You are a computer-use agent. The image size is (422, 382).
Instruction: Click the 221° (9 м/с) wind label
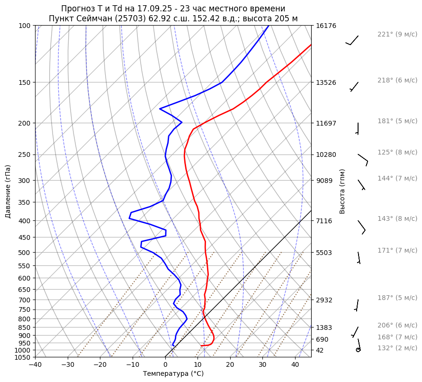397,35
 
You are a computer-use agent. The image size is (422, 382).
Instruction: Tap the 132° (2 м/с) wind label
397,348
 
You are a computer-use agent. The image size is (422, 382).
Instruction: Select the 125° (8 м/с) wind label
397,153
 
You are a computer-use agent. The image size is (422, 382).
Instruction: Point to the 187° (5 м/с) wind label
397,298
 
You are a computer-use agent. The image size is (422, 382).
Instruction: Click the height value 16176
326,26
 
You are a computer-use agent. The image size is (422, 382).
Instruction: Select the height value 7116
324,221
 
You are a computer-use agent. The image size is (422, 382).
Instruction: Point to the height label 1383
324,327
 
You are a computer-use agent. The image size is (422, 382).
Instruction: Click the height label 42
321,350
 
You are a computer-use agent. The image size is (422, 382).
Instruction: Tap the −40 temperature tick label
35,364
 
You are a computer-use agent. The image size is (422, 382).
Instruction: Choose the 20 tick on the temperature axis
230,364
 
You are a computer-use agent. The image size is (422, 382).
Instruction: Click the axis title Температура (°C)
173,374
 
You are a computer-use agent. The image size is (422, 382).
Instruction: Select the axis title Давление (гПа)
8,191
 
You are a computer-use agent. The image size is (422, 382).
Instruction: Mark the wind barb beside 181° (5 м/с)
358,128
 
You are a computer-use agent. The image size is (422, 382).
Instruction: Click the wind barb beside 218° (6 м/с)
354,86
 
